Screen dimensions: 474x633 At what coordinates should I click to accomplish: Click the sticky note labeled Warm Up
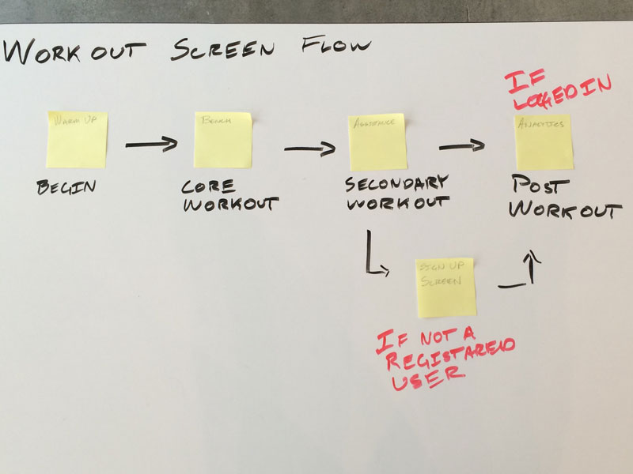pyautogui.click(x=76, y=139)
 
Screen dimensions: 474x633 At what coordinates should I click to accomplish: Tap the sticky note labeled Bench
pyautogui.click(x=223, y=139)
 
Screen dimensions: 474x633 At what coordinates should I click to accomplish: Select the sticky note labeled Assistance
pyautogui.click(x=377, y=141)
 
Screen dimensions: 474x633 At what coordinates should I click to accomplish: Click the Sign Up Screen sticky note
pyautogui.click(x=446, y=287)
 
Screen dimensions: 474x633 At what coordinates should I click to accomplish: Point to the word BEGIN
pyautogui.click(x=66, y=188)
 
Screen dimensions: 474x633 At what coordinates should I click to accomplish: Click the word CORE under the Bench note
pyautogui.click(x=208, y=187)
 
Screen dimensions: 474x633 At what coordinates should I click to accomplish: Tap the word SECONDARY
pyautogui.click(x=396, y=183)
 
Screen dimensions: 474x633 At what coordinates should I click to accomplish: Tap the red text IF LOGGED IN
pyautogui.click(x=557, y=91)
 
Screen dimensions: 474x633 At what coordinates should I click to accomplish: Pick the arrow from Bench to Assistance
pyautogui.click(x=309, y=148)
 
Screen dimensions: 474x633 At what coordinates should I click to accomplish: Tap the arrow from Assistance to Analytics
pyautogui.click(x=461, y=145)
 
